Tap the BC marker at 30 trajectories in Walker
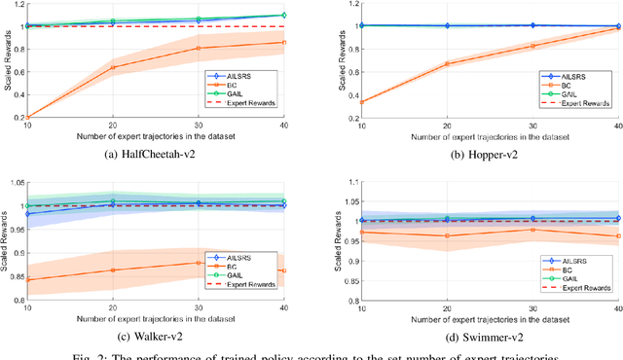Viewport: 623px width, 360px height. [200, 263]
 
